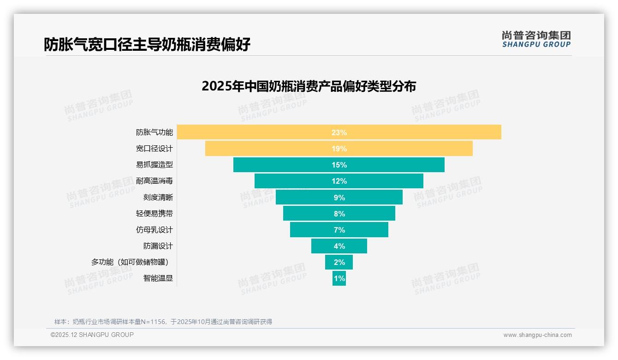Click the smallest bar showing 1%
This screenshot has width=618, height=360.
coord(339,278)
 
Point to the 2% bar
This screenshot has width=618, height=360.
coord(339,262)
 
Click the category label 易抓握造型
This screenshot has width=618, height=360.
coord(154,165)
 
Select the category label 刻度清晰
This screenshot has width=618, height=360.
coord(158,198)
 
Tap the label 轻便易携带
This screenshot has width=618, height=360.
coord(154,214)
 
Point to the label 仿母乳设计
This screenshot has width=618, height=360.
coord(154,230)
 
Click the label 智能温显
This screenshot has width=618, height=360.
coord(158,278)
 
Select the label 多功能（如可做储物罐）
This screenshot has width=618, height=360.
coord(132,262)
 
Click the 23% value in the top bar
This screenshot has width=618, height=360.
coord(339,132)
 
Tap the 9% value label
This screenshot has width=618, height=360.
coord(339,198)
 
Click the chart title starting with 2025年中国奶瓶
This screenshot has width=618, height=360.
coord(309,86)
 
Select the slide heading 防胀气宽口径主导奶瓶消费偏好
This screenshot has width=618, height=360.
coord(147,45)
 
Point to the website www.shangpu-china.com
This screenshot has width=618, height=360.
coord(537,335)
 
